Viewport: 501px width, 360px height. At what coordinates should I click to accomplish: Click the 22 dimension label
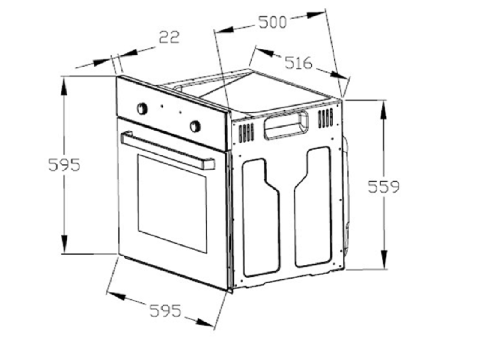pyautogui.click(x=169, y=37)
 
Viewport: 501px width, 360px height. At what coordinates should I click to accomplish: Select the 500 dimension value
pyautogui.click(x=272, y=22)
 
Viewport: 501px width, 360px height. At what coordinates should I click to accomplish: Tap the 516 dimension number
pyautogui.click(x=298, y=63)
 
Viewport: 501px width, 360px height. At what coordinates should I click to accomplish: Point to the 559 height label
pyautogui.click(x=383, y=187)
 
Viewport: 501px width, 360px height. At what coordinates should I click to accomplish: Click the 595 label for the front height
pyautogui.click(x=64, y=165)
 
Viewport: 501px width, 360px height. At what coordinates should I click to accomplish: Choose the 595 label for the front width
pyautogui.click(x=166, y=310)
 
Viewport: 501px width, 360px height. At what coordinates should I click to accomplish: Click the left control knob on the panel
pyautogui.click(x=142, y=108)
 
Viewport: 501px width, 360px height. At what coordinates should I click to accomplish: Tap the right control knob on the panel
pyautogui.click(x=195, y=126)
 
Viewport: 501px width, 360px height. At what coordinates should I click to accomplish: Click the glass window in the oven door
pyautogui.click(x=172, y=204)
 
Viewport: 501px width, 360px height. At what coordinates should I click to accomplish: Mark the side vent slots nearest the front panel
pyautogui.click(x=246, y=133)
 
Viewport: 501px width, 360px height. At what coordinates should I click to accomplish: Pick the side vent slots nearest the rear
pyautogui.click(x=325, y=118)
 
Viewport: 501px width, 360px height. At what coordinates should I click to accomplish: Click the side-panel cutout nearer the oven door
pyautogui.click(x=261, y=219)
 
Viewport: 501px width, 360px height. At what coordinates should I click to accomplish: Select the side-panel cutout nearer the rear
pyautogui.click(x=313, y=210)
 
